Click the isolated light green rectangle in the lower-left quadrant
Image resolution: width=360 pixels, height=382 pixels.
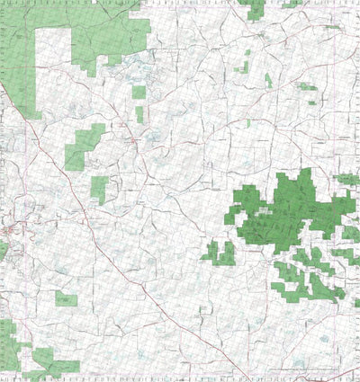tap(66, 298)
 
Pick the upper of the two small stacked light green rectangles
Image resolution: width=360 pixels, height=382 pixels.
tap(139, 91)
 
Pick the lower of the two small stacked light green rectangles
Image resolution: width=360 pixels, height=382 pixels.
tap(139, 113)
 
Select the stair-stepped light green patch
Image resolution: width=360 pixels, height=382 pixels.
tap(83, 146)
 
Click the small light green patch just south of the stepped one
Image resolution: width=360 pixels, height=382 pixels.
tap(99, 188)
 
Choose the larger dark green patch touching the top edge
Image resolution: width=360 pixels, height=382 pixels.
tap(255, 8)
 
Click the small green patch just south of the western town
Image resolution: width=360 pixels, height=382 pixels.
tap(4, 249)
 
